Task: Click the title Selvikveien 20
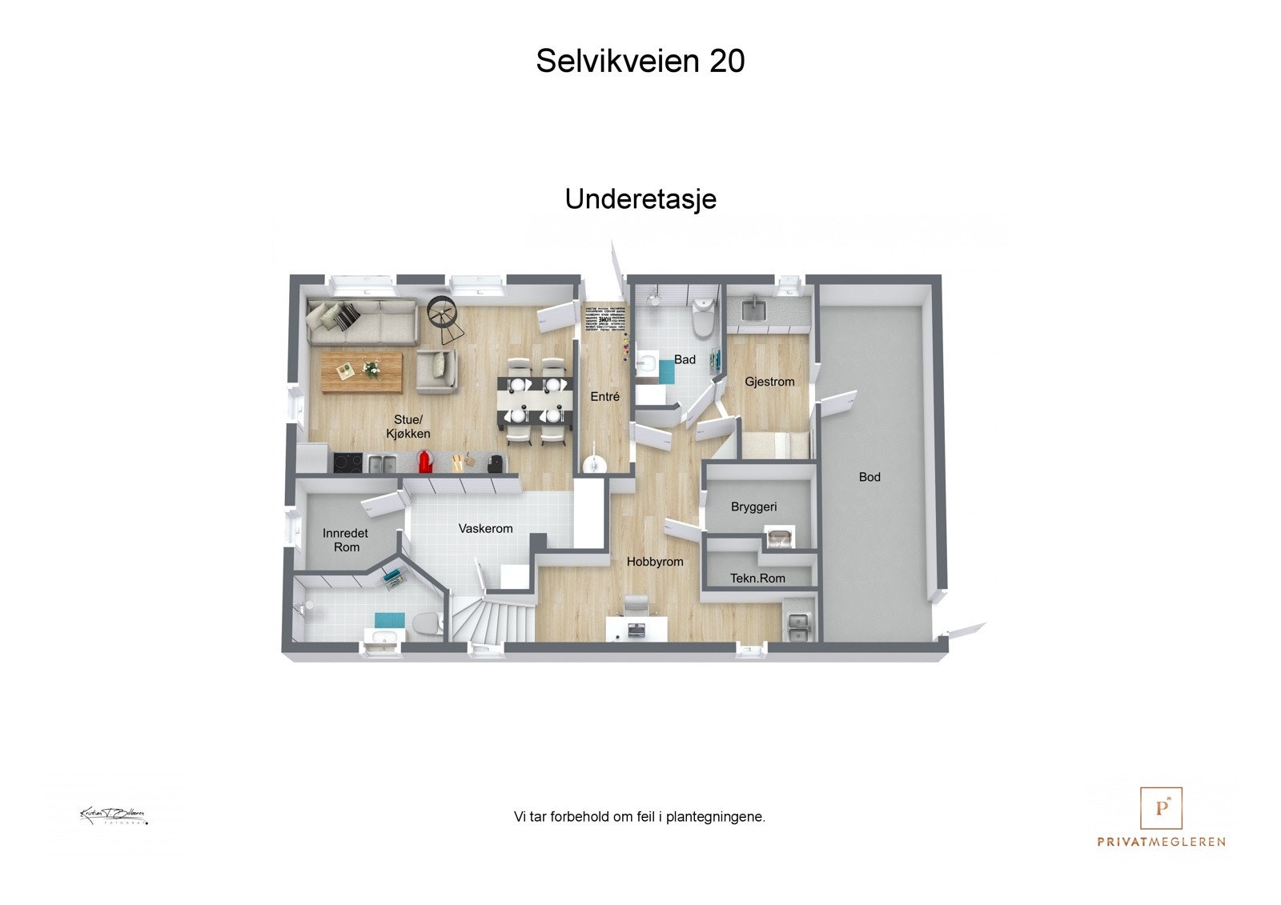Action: [x=640, y=61]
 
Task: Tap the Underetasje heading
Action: [x=640, y=199]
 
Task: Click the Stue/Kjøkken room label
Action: [x=408, y=426]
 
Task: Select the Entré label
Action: [x=604, y=396]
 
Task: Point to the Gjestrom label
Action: [x=769, y=382]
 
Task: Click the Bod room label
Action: [x=869, y=477]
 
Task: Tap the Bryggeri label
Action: [x=753, y=507]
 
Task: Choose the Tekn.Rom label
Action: [x=757, y=578]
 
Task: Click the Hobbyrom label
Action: [x=655, y=562]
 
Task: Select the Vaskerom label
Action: [x=485, y=528]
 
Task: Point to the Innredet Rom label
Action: [x=346, y=540]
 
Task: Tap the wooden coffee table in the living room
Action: [x=362, y=372]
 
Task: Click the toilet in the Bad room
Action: [x=702, y=318]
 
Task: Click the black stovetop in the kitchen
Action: [x=347, y=463]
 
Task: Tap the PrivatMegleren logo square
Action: [x=1161, y=808]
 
